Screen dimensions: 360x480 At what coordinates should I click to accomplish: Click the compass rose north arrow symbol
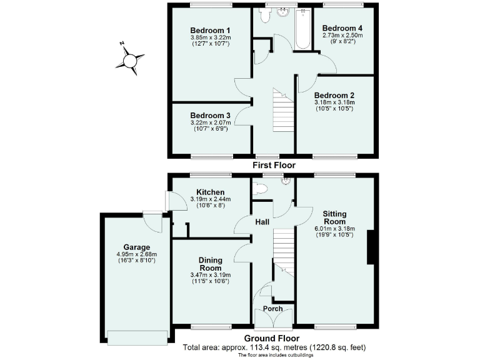[x=131, y=61]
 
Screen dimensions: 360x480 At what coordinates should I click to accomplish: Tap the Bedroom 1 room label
[x=211, y=30]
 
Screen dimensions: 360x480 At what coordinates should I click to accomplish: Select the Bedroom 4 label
[x=342, y=28]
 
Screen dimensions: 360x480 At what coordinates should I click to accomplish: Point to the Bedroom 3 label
[x=211, y=116]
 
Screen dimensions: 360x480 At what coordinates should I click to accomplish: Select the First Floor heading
[x=274, y=165]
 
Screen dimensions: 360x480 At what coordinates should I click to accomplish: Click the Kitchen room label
[x=211, y=192]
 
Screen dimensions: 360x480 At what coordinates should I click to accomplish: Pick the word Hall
[x=262, y=222]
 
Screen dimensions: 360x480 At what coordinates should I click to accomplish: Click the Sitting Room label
[x=334, y=217]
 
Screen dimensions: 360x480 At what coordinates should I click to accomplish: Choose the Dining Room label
[x=211, y=264]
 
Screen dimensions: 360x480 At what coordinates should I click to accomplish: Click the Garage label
[x=136, y=247]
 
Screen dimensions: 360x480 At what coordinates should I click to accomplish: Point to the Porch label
[x=273, y=309]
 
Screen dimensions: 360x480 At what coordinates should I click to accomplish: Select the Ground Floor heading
[x=274, y=338]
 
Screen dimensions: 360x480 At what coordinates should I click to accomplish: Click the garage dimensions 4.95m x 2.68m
[x=136, y=254]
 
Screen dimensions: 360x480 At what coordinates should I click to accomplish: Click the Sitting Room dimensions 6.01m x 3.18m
[x=334, y=229]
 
